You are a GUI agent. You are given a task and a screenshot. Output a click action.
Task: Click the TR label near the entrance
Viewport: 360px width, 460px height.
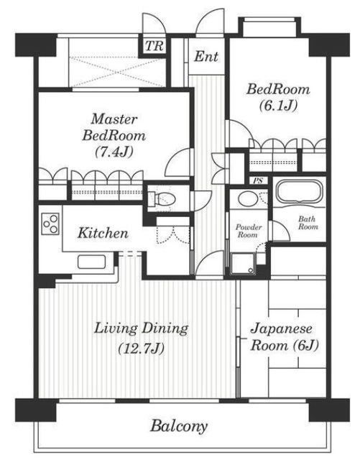click(x=152, y=47)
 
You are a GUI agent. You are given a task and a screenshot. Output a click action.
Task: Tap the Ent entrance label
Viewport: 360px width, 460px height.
click(x=207, y=56)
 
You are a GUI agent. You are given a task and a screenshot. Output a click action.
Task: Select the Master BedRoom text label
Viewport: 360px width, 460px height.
click(x=119, y=126)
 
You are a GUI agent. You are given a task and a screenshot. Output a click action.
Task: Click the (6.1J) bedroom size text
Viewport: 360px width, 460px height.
click(x=278, y=106)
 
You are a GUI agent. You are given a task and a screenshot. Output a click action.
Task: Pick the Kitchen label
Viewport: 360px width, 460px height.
click(x=103, y=233)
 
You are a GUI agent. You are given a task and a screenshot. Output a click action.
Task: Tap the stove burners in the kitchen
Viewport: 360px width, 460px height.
click(x=51, y=224)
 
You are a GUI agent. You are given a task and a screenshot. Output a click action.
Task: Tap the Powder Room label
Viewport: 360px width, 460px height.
click(x=248, y=230)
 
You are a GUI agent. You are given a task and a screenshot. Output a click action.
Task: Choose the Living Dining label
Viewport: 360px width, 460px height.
click(x=142, y=328)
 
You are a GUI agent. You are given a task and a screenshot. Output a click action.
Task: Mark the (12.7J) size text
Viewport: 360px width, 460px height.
click(x=142, y=350)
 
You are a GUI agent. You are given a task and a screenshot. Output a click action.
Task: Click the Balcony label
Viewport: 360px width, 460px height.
click(x=179, y=425)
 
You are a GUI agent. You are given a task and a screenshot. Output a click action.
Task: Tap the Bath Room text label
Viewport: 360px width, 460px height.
click(x=308, y=221)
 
